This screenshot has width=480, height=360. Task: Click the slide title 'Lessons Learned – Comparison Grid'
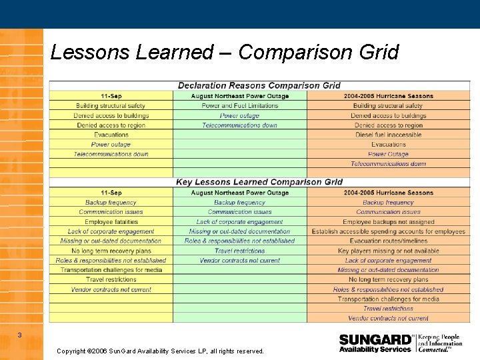point(224,52)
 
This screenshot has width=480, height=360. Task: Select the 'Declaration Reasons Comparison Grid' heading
point(259,85)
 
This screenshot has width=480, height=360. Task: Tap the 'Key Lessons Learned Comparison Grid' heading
point(259,182)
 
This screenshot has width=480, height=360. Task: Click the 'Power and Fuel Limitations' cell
point(240,106)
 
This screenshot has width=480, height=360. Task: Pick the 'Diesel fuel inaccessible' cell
point(388,135)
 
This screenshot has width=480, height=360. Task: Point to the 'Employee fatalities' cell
point(111,222)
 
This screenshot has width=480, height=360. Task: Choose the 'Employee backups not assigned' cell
point(388,222)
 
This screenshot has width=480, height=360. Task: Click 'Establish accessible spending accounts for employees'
point(388,231)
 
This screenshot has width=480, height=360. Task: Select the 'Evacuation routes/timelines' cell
point(388,241)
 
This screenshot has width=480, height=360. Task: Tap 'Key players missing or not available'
point(388,251)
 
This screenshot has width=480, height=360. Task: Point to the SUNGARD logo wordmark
point(375,339)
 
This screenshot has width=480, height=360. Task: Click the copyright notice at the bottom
point(160,351)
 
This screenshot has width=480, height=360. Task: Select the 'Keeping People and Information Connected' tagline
point(440,343)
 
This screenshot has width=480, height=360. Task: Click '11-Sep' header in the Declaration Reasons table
point(111,96)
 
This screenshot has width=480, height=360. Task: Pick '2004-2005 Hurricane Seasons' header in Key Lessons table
point(388,193)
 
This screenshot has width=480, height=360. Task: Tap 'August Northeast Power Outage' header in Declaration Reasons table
point(240,96)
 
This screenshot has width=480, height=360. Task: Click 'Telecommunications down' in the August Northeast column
point(240,125)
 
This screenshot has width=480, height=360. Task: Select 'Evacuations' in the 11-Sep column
point(111,135)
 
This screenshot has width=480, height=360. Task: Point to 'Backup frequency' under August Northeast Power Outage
point(240,203)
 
